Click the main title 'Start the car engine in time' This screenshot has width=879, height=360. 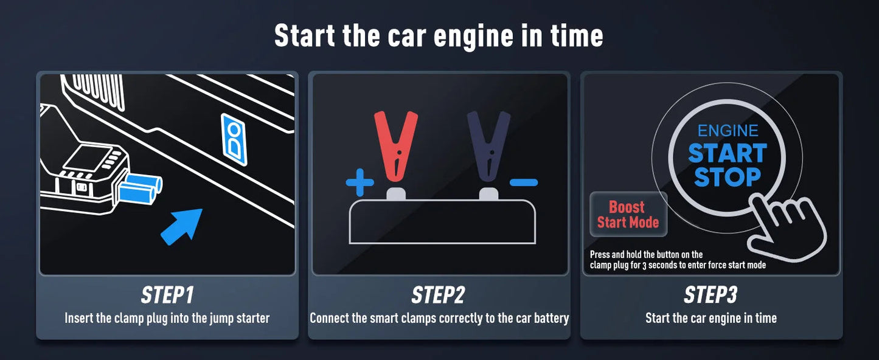click(439, 35)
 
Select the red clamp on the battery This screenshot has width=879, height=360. click(396, 147)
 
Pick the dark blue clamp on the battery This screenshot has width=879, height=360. click(488, 147)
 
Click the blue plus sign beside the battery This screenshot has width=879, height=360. click(360, 182)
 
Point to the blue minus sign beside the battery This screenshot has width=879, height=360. click(524, 182)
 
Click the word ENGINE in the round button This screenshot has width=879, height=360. click(728, 131)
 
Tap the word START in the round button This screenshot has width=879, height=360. click(728, 153)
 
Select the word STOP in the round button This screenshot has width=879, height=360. click(728, 177)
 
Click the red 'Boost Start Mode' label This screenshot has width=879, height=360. click(628, 215)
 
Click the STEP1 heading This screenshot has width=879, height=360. click(167, 295)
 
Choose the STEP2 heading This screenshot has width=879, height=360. click(439, 295)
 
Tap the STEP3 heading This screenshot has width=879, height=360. click(710, 295)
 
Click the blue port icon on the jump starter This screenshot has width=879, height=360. click(234, 139)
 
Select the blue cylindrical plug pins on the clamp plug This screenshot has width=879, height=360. click(140, 189)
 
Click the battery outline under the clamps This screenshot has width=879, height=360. click(442, 222)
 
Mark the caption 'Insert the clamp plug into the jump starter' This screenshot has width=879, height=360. click(167, 318)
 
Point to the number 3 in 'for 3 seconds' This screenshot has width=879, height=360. click(644, 266)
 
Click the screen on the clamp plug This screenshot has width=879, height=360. click(86, 159)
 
